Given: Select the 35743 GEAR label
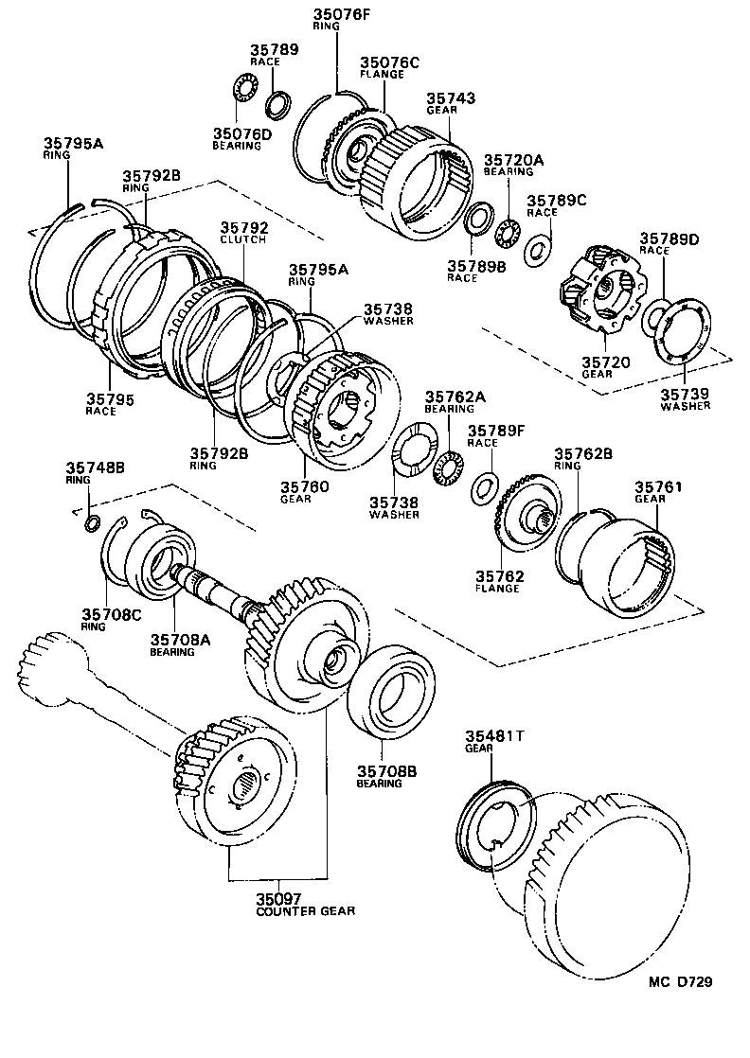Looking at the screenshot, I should click(450, 103).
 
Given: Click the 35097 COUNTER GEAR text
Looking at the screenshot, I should click(305, 904).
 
